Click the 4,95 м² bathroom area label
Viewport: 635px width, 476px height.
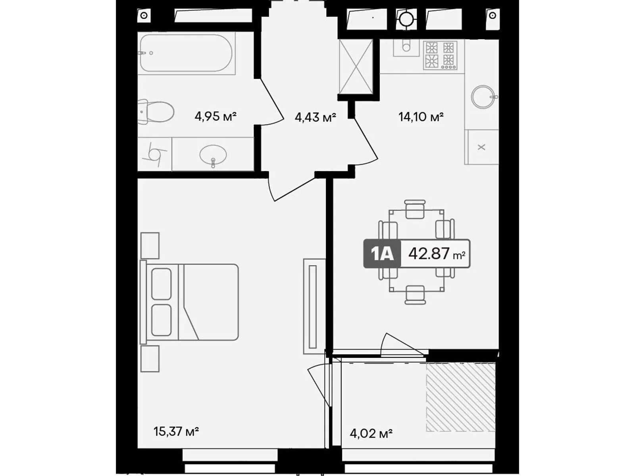point(215,117)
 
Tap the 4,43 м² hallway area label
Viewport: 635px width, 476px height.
point(315,117)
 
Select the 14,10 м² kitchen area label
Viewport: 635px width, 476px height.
point(421,117)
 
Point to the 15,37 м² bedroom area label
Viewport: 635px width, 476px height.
point(176,431)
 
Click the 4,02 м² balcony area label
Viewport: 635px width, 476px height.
point(371,433)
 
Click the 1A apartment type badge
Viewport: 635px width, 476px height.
point(382,254)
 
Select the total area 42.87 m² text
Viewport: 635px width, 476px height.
point(436,254)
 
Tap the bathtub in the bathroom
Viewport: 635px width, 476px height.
point(186,53)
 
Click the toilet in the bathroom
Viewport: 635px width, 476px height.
point(157,111)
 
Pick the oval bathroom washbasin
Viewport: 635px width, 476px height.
point(214,154)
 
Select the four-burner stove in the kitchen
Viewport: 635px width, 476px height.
point(440,55)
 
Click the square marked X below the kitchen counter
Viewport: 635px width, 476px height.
point(481,147)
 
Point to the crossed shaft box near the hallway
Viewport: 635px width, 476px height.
point(356,67)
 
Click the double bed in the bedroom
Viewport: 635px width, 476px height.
point(190,302)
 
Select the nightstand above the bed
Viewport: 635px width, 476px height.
point(150,246)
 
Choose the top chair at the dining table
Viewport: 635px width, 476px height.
point(415,209)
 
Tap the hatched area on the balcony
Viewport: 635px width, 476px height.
point(460,397)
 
